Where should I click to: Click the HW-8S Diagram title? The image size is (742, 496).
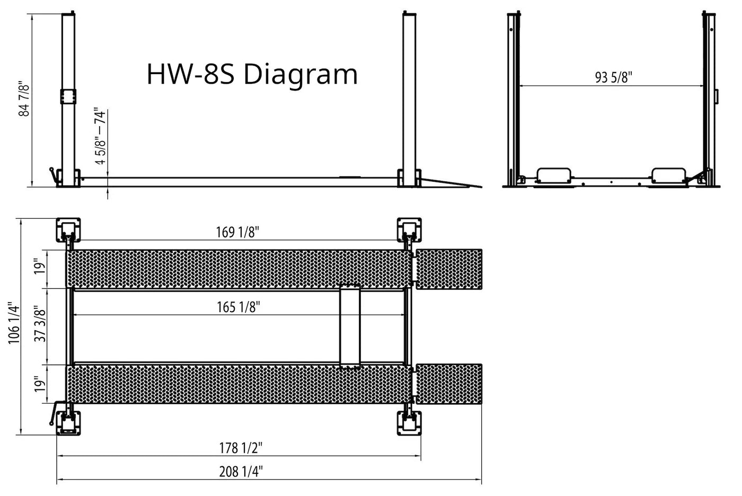coord(252,74)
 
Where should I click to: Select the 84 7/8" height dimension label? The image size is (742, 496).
coord(24,99)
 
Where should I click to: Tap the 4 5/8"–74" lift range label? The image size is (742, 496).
coord(100,137)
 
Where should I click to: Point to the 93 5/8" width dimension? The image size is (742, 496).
coord(613,77)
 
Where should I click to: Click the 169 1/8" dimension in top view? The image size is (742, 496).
coord(237,232)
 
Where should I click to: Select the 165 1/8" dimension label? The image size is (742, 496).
coord(238,307)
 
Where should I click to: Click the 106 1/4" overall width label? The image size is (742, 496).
coord(14,323)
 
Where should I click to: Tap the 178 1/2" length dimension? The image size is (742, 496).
coord(241,448)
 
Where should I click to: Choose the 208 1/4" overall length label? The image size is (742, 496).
coord(241,472)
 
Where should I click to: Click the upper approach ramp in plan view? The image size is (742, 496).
coord(449,269)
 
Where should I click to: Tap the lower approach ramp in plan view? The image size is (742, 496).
coord(449,384)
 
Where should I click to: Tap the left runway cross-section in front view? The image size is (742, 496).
coord(554,176)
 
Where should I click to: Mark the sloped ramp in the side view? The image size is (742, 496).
coord(450,183)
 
